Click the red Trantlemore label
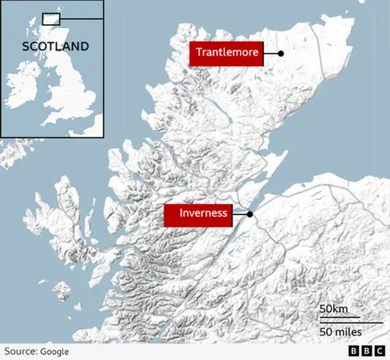click(x=227, y=54)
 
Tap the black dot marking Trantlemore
click(x=280, y=54)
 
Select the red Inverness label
click(x=197, y=215)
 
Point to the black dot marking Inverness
click(x=250, y=215)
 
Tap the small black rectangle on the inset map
click(x=51, y=18)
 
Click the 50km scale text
click(x=333, y=310)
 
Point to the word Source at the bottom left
click(x=20, y=351)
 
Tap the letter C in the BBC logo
click(x=379, y=351)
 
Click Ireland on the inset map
click(x=23, y=89)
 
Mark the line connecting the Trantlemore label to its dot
click(x=271, y=54)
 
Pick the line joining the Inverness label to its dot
click(x=240, y=215)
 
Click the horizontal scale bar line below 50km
click(x=349, y=322)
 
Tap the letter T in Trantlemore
click(x=198, y=54)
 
